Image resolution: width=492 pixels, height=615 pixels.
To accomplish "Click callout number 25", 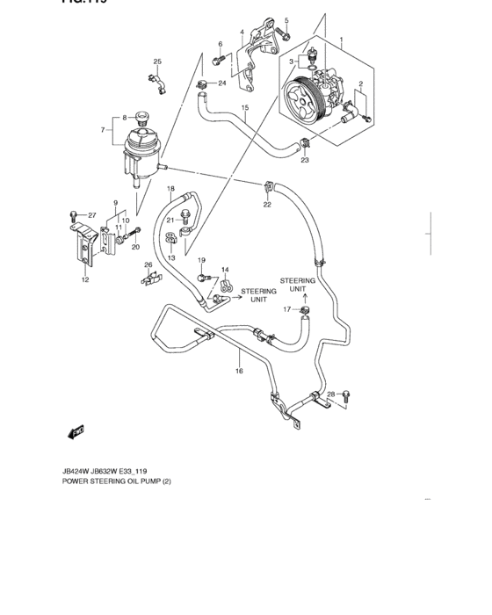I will [x=158, y=61].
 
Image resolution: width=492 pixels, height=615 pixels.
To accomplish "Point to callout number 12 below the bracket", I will [x=84, y=280].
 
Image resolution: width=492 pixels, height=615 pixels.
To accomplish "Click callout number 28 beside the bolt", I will [x=331, y=394].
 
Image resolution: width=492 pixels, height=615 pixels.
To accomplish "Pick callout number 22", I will [x=266, y=205].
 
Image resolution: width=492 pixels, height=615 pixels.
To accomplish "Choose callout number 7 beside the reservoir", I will [x=104, y=130].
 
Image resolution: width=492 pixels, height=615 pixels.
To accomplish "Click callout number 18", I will [x=171, y=189].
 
